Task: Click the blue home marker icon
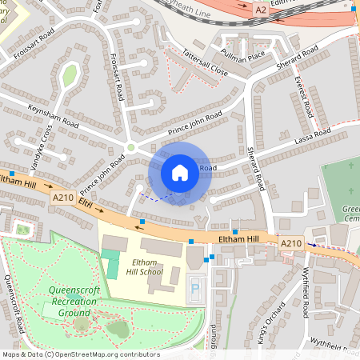(180, 173)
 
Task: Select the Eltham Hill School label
(145, 266)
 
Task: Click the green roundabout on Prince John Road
(130, 147)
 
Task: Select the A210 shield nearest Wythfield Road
(291, 242)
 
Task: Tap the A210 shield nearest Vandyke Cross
(63, 197)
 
